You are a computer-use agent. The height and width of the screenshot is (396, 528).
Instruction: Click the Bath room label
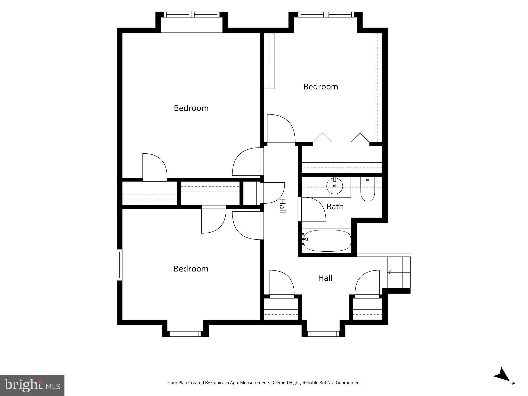(x=335, y=207)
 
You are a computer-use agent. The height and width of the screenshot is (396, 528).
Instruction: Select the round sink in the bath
(x=335, y=186)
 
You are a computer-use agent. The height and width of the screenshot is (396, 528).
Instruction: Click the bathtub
(x=327, y=240)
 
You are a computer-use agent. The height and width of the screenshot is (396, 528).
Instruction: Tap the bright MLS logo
(x=32, y=385)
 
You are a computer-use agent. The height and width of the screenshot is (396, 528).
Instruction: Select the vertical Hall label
(x=283, y=206)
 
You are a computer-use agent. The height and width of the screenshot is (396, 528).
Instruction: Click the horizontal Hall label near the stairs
(x=325, y=278)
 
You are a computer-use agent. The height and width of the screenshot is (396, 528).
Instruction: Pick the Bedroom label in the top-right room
(x=321, y=87)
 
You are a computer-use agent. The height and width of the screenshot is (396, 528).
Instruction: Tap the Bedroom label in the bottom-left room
(x=191, y=269)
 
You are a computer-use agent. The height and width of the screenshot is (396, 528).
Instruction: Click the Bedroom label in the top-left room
(x=191, y=108)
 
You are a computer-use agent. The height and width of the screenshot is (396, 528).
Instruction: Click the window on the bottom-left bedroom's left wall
(x=119, y=265)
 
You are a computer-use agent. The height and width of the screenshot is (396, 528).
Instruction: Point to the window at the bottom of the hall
(x=323, y=334)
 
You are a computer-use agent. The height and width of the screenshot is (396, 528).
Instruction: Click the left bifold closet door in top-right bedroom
(x=322, y=137)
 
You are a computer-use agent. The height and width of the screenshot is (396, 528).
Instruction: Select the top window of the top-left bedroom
(x=192, y=14)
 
